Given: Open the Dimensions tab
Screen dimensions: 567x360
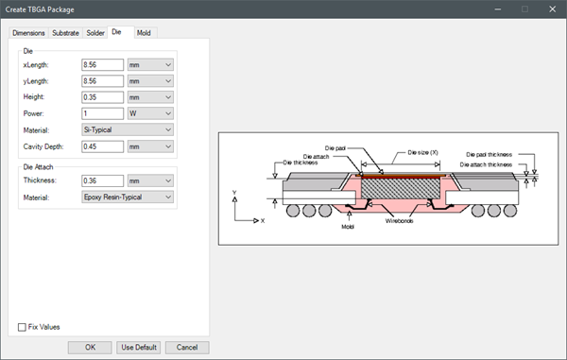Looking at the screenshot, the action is [28, 33].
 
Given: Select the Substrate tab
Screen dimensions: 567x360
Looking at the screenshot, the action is [65, 33].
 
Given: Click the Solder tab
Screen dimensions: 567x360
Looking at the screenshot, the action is [95, 33].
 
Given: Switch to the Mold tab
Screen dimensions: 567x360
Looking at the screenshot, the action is [144, 33].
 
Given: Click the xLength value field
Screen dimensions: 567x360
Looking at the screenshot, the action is [102, 64].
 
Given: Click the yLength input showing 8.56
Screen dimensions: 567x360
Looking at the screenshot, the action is [102, 81].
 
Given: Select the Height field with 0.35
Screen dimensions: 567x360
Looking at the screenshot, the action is [102, 97].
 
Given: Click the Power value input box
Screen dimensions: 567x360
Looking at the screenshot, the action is [102, 113].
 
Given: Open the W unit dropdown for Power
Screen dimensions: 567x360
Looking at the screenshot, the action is [150, 113].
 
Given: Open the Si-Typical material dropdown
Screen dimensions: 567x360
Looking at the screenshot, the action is [128, 129].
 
